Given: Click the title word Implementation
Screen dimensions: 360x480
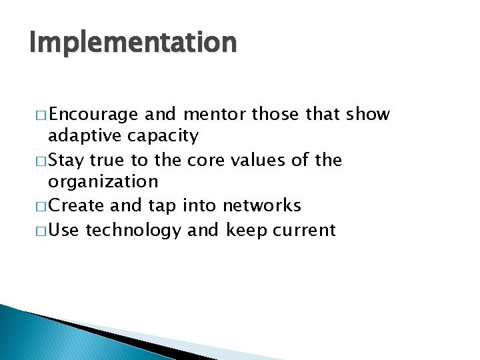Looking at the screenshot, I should [x=133, y=43].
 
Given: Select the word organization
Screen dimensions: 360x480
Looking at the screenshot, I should [x=103, y=183].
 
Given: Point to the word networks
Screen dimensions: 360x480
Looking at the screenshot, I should [x=262, y=206].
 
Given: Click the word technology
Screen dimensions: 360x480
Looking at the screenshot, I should [x=133, y=231].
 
